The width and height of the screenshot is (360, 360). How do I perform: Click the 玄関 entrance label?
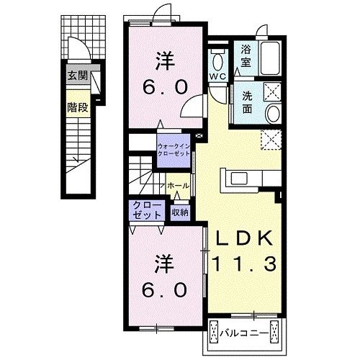(x=78, y=76)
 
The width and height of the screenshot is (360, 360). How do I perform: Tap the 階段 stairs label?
(x=78, y=107)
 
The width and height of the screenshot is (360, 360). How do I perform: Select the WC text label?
(x=217, y=76)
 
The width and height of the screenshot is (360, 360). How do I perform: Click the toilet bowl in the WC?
(x=217, y=61)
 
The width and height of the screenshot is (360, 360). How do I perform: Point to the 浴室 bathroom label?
(x=246, y=56)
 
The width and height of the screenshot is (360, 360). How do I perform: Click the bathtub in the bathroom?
(x=271, y=58)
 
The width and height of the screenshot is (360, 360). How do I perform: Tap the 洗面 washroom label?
(x=247, y=102)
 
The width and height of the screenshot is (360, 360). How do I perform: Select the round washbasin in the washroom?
(x=274, y=114)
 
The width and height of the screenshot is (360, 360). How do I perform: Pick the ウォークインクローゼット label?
(x=174, y=150)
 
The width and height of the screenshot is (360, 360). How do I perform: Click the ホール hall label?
(x=178, y=186)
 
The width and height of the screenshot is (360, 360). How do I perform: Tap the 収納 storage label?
(x=180, y=212)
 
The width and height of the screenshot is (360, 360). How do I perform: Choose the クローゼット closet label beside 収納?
(x=147, y=210)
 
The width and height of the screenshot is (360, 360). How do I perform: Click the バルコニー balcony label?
(x=244, y=333)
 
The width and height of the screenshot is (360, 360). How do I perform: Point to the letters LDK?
(x=244, y=238)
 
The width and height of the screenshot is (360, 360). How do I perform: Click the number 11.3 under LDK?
(x=244, y=264)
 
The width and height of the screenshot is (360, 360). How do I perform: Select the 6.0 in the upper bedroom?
(x=165, y=87)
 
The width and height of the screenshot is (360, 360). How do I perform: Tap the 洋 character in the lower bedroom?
(x=164, y=264)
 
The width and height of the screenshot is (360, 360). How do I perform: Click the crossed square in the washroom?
(x=272, y=91)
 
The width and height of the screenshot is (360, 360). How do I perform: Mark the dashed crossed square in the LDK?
(x=271, y=140)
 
